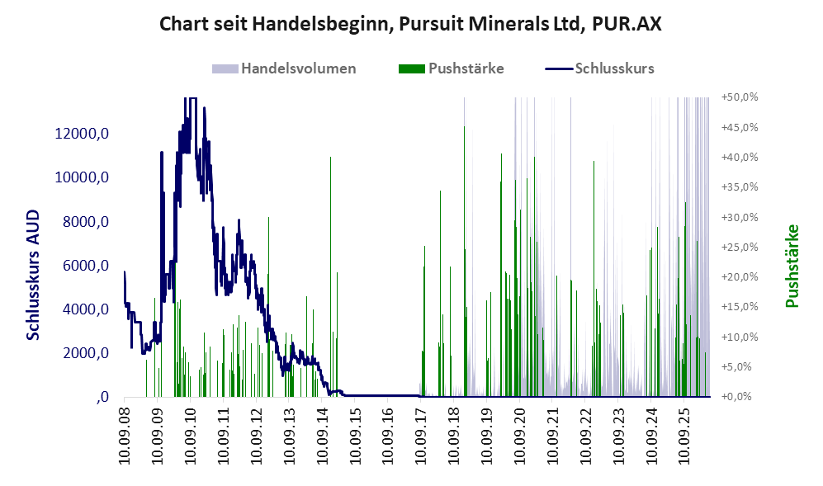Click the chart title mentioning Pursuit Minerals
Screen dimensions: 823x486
pos(410,24)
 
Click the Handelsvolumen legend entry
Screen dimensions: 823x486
pos(284,68)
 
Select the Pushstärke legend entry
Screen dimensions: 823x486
pos(452,68)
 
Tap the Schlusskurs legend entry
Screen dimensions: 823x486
pos(600,68)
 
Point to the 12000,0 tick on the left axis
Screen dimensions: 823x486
pos(82,134)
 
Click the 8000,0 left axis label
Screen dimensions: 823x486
pos(86,222)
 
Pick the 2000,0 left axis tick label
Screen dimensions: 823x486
pos(86,353)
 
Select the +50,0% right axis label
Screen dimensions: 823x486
pos(740,97)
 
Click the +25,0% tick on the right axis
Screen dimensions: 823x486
pos(740,248)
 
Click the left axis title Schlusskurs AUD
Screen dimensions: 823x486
pos(33,275)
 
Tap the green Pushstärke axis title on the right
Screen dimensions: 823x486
pos(792,266)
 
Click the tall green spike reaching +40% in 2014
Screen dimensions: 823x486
pos(330,276)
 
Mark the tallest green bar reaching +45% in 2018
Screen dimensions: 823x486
pos(465,262)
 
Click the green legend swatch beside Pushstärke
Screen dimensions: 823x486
pos(411,68)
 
